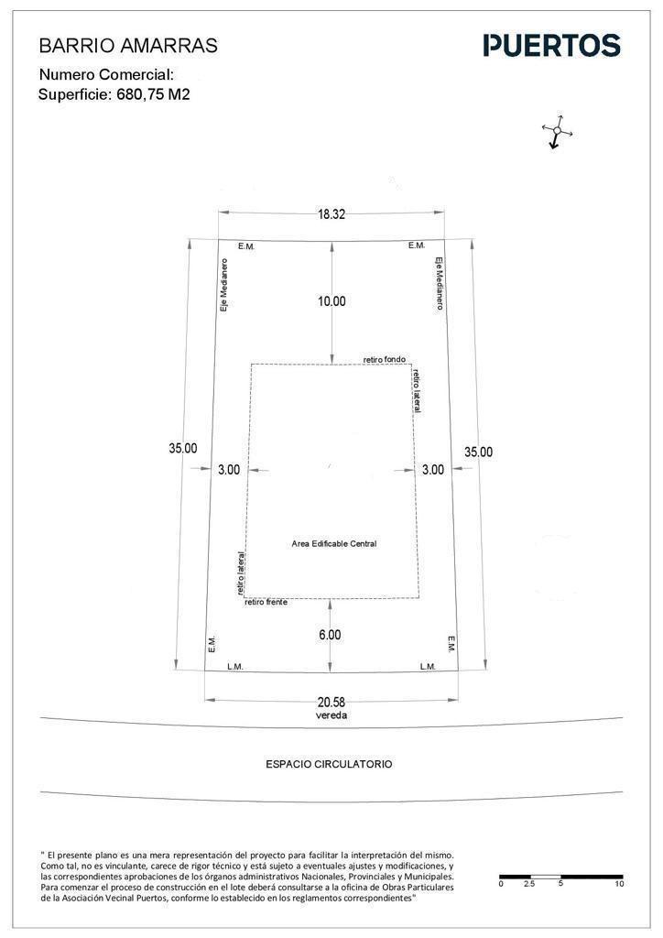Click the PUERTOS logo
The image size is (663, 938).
coord(552,46)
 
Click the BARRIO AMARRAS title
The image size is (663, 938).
coord(128,46)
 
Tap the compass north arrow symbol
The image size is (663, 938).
coord(557,131)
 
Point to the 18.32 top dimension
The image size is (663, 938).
coord(331,214)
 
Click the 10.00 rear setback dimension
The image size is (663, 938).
coord(331,300)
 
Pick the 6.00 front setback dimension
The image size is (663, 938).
coord(330,635)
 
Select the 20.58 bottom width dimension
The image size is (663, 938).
coord(331,703)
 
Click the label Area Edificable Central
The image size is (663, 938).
coord(334,544)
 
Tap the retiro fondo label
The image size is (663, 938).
coord(385,359)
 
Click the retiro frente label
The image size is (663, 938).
coord(266,602)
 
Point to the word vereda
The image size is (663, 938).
coord(331,714)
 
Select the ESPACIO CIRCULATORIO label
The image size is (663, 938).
coord(329,764)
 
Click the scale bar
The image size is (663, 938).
coord(560,877)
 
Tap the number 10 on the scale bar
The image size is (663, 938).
coord(619,884)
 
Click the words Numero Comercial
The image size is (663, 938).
coord(106,75)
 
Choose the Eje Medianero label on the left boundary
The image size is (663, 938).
coord(224,285)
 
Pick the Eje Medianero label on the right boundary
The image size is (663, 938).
coord(439,283)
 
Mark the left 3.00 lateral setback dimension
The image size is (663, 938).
coord(229,470)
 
